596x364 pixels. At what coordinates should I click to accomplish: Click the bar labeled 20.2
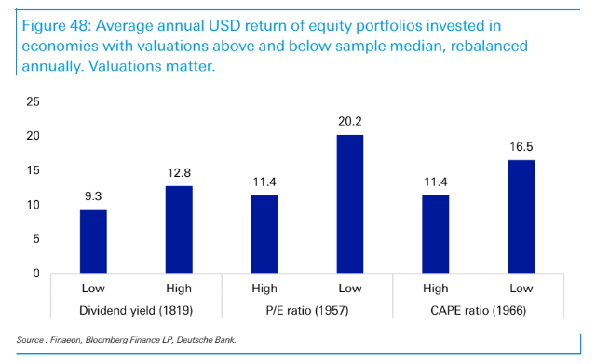350,204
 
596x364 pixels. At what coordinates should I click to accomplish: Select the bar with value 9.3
92,241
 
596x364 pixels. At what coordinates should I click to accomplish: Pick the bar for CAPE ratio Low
521,216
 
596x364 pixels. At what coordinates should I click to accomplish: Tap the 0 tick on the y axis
36,274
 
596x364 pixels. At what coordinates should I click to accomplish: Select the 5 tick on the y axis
36,239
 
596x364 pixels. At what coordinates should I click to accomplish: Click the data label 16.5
521,148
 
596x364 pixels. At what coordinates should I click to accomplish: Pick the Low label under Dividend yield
92,290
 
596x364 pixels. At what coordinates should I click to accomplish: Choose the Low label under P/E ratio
350,290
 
